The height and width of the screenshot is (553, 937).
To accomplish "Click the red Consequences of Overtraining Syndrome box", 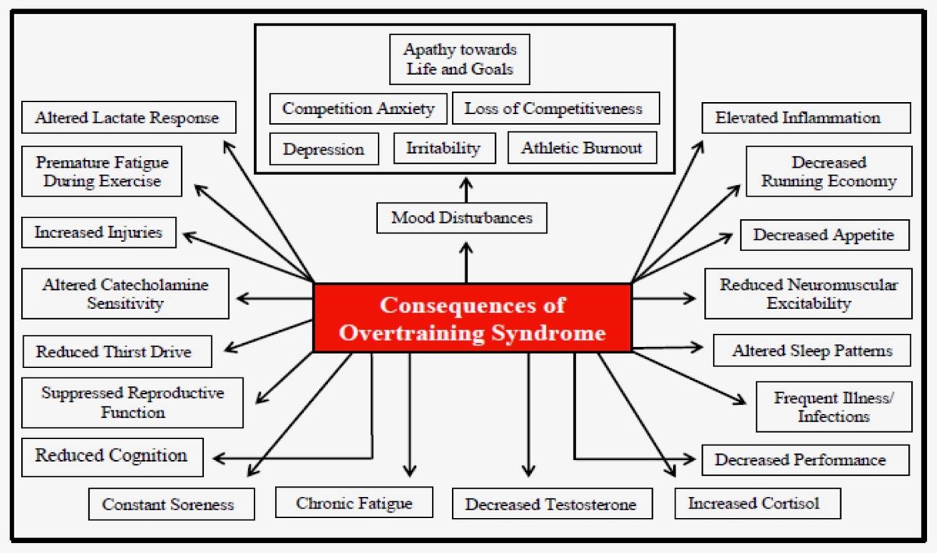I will pos(472,317).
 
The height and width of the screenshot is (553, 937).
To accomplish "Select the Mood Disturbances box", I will pos(461,218).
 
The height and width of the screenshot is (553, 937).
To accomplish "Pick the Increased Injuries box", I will pos(98,232).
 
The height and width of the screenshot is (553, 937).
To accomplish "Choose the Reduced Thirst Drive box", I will pos(116,352).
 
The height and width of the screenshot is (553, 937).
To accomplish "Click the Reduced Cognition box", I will pos(112,456).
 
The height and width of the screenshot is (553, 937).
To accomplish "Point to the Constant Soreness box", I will pos(171,505).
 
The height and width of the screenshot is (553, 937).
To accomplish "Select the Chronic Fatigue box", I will pos(354,503).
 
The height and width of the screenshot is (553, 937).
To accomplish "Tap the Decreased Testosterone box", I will pos(550,505).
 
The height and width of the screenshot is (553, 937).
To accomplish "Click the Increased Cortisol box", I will pos(757,503).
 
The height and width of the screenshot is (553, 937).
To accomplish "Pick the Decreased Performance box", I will pos(804,460).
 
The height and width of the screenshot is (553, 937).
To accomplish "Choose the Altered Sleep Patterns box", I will pos(812,351).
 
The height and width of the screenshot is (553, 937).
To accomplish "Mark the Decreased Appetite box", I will pos(824,235).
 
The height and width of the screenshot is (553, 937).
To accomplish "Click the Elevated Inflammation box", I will pos(804,119).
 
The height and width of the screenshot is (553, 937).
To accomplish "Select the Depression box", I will pos(323,149).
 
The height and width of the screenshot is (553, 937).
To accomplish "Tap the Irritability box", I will pos(444,148).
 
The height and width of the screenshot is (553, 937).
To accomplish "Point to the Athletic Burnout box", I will pos(582,147).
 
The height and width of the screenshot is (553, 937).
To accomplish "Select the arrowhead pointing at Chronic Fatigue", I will pos(410,470).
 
